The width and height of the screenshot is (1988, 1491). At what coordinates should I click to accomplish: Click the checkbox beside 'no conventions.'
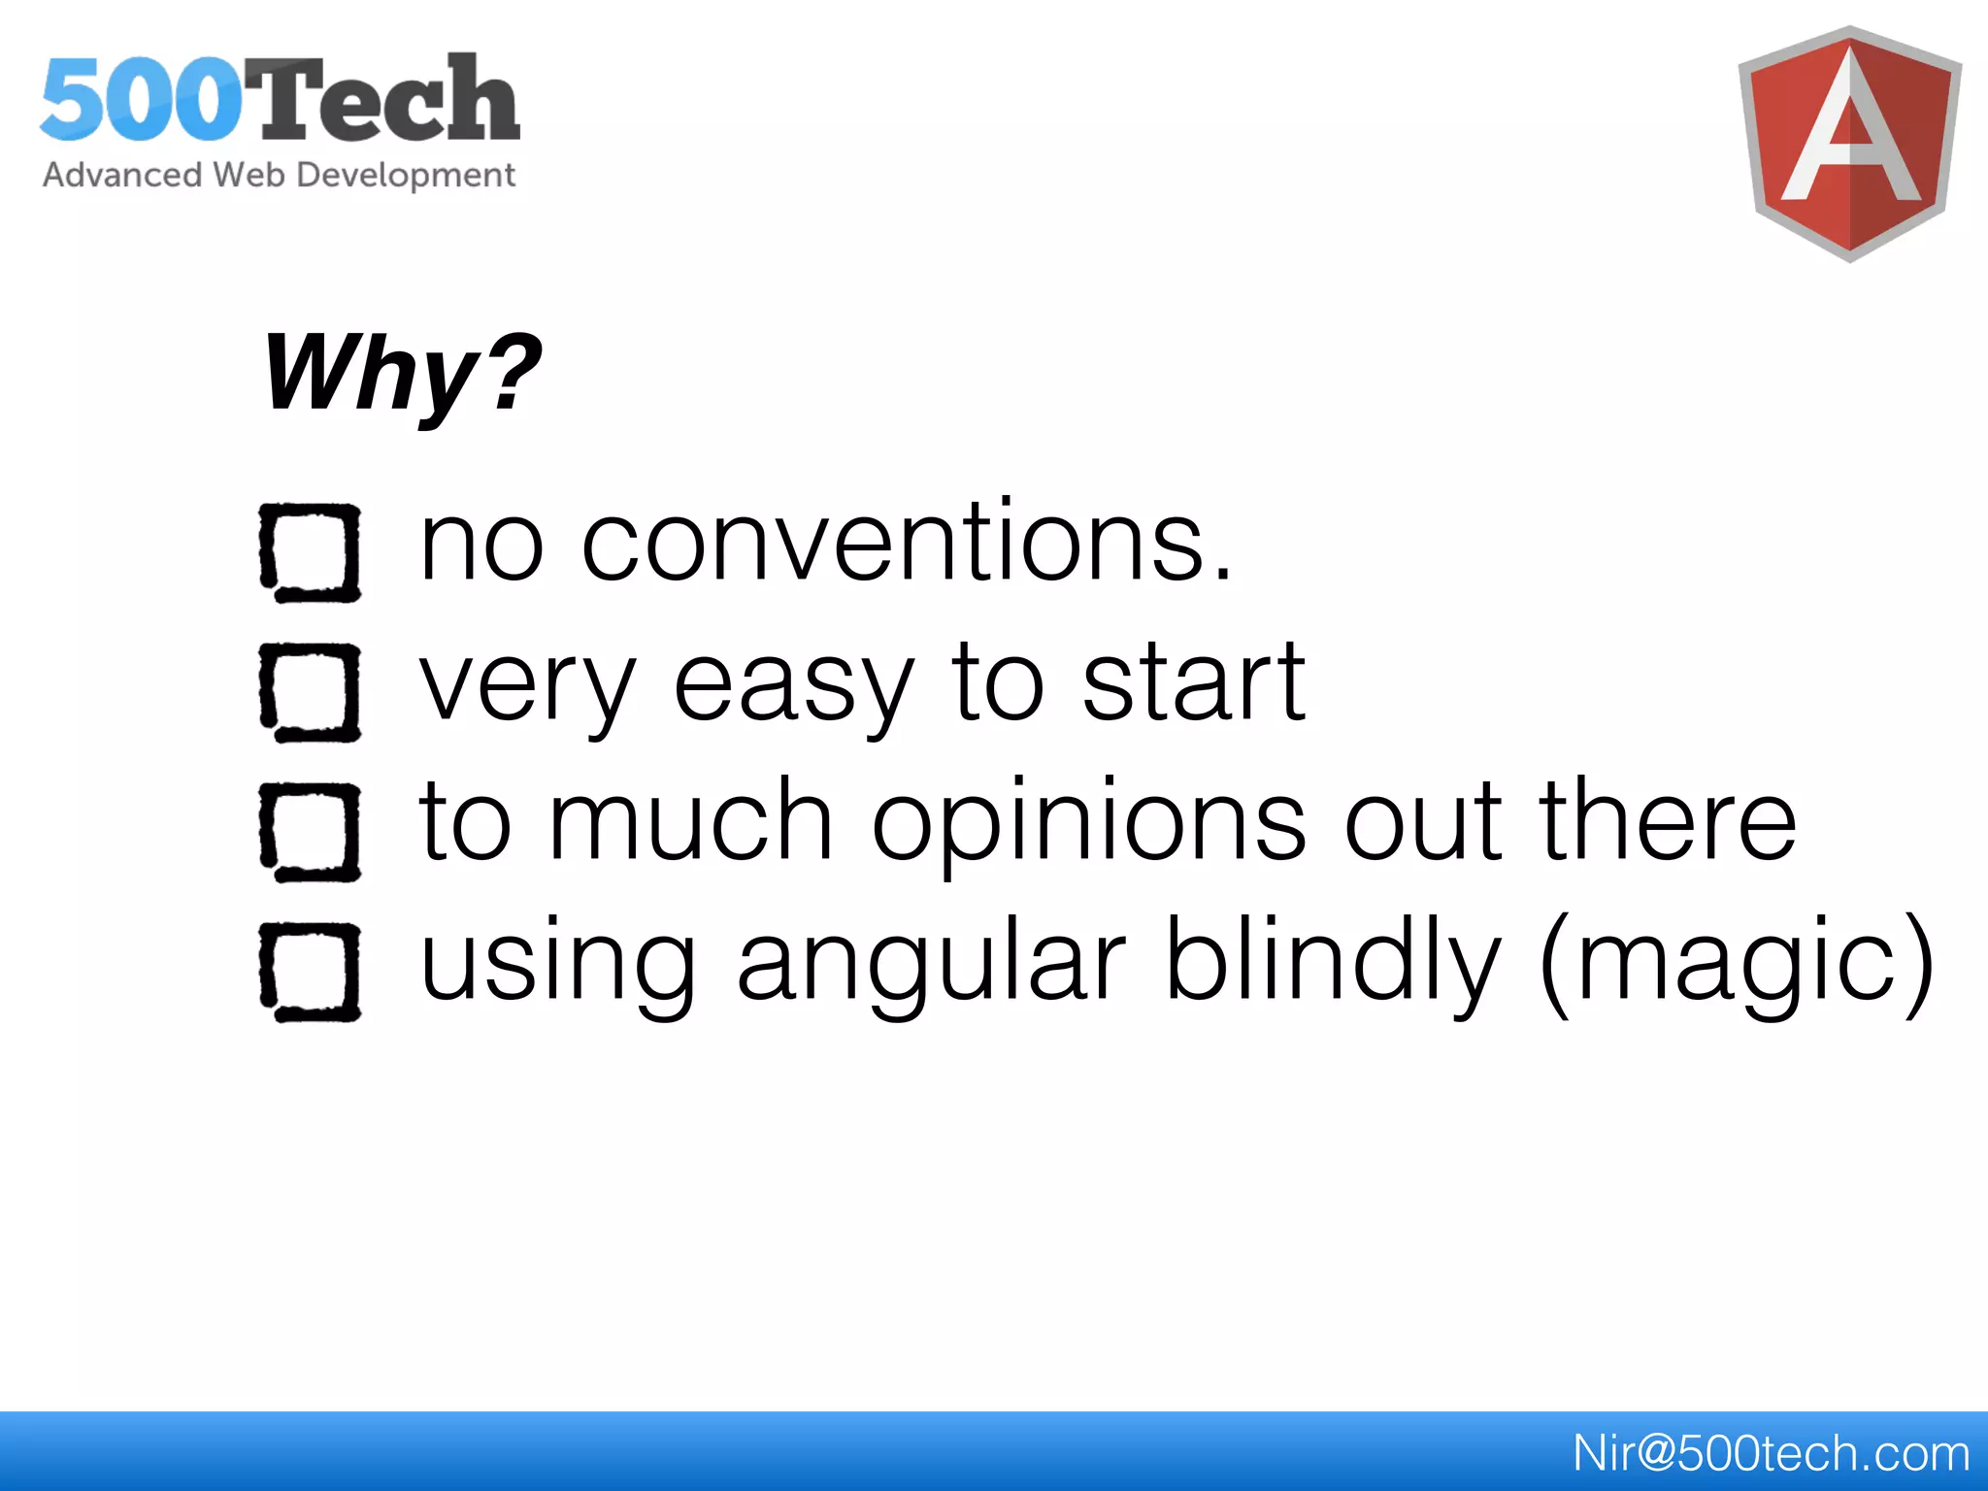click(x=310, y=552)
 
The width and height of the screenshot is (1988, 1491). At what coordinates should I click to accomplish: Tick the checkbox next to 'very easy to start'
click(x=310, y=692)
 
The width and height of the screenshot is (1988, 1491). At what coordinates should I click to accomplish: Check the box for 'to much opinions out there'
click(x=310, y=832)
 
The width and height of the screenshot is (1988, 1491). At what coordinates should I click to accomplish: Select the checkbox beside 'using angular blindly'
click(x=310, y=972)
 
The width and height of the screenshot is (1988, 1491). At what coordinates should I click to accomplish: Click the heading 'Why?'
click(x=401, y=374)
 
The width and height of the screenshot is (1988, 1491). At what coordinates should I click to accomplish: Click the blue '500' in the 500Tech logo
click(x=141, y=100)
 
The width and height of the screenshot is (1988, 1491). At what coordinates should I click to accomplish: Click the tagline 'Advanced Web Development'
click(x=279, y=176)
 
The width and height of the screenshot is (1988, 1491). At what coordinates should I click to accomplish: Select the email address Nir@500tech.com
click(x=1771, y=1453)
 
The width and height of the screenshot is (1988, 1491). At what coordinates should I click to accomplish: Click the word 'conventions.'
click(x=907, y=543)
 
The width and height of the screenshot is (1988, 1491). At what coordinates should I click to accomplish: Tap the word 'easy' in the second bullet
click(x=793, y=685)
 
